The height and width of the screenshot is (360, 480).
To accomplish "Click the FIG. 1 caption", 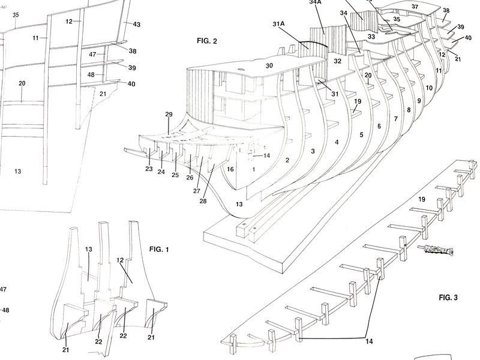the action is [x=159, y=250].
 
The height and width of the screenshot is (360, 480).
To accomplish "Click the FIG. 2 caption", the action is [x=207, y=41].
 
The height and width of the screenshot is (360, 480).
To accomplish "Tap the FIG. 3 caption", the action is [x=448, y=297].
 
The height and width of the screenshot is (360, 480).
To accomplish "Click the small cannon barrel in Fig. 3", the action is [x=436, y=250].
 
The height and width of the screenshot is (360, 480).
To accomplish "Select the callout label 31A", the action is [x=279, y=23].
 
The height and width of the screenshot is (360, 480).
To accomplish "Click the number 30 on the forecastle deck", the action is [x=269, y=65].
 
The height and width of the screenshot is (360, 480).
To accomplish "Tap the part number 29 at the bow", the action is [x=169, y=115].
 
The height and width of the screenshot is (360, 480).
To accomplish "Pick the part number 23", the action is [x=149, y=169].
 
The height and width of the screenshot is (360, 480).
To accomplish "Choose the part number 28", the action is [x=203, y=201].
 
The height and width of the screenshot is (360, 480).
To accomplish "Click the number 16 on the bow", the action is [x=230, y=169].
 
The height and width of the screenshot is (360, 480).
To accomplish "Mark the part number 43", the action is [x=137, y=24].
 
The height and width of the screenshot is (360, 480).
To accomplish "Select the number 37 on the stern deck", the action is [x=415, y=7].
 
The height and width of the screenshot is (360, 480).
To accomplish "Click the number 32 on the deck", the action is [x=337, y=61].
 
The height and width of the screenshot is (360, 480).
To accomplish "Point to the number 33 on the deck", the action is [x=371, y=37].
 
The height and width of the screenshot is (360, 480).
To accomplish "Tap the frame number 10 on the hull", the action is [x=429, y=88].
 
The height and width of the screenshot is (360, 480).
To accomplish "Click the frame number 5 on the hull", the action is [x=361, y=134].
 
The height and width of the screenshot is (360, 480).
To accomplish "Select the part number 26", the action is [x=190, y=177].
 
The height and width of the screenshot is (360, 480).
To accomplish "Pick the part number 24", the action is [x=161, y=172].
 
